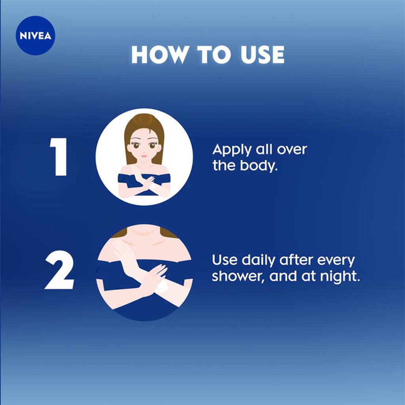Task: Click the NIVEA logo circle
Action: [36, 36]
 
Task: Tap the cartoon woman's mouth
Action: [144, 156]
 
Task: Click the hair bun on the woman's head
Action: [144, 118]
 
